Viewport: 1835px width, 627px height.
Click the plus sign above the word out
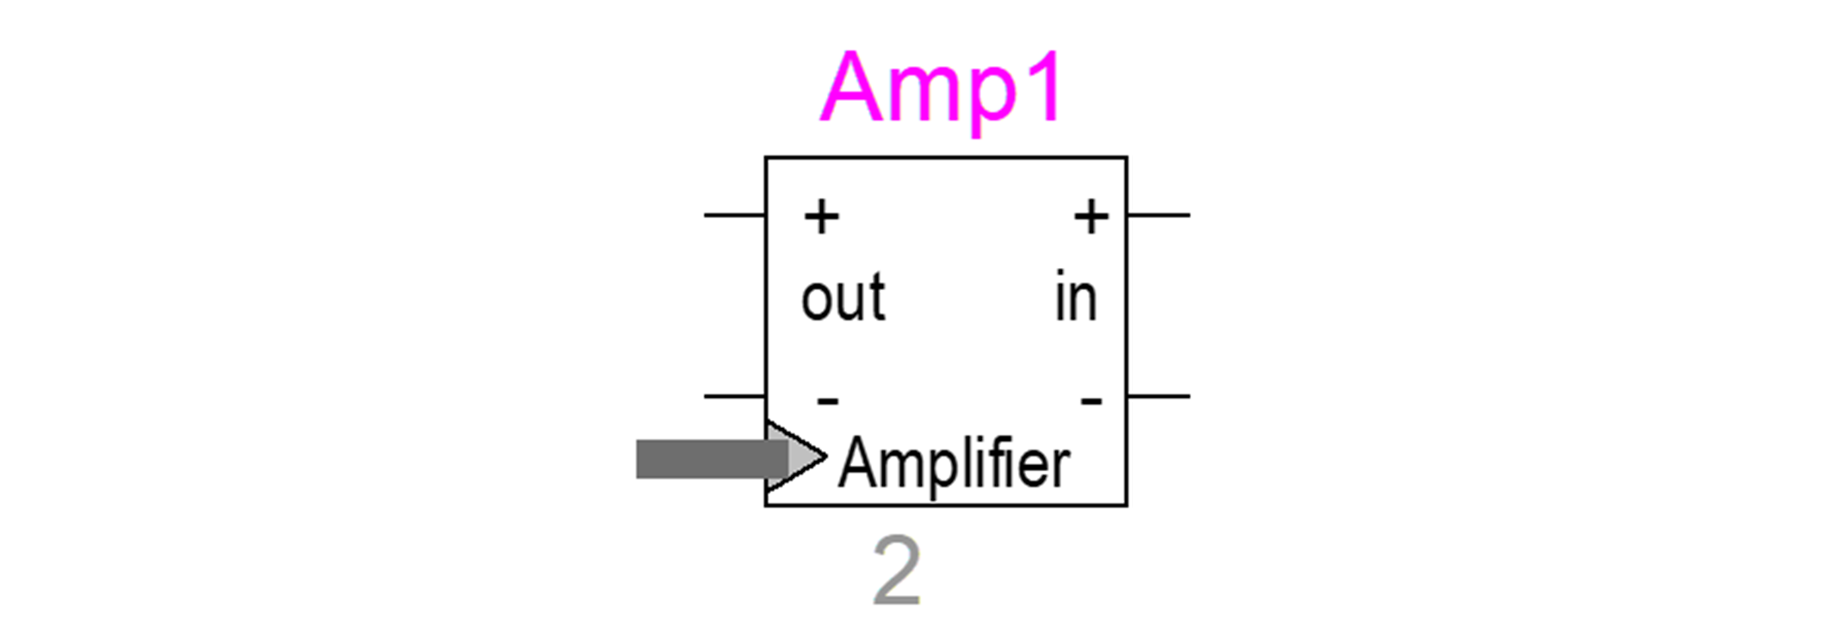pyautogui.click(x=821, y=215)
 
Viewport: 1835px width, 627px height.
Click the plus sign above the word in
pyautogui.click(x=1090, y=215)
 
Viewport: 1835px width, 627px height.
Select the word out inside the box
pyautogui.click(x=843, y=298)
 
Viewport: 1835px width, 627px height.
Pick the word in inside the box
pyautogui.click(x=1076, y=298)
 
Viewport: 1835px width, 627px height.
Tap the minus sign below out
pyautogui.click(x=827, y=400)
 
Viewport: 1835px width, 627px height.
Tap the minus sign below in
pyautogui.click(x=1091, y=400)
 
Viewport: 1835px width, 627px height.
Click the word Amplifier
pyautogui.click(x=954, y=464)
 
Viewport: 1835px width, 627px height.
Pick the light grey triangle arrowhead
pyautogui.click(x=803, y=457)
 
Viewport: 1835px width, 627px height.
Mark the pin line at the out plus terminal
pyautogui.click(x=734, y=214)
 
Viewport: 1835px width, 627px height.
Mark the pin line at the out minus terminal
pyautogui.click(x=734, y=396)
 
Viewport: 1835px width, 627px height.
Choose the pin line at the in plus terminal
pyautogui.click(x=1158, y=214)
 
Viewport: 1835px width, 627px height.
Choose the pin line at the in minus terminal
pyautogui.click(x=1158, y=396)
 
